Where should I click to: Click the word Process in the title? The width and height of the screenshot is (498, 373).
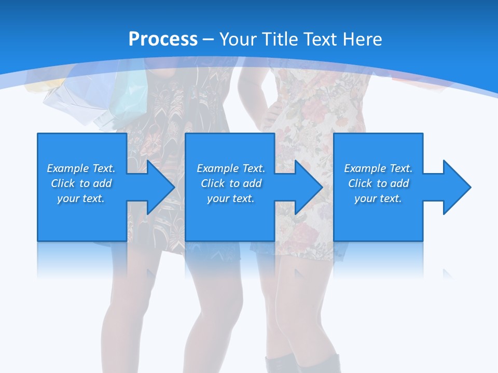tap(163, 39)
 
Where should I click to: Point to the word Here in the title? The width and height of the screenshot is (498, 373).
tap(363, 39)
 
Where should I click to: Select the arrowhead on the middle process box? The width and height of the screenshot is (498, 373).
tap(307, 187)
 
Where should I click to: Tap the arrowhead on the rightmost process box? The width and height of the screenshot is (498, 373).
tap(455, 187)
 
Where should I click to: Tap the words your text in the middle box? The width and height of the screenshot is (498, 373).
tap(230, 198)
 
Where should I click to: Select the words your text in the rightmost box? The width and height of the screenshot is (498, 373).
tap(378, 198)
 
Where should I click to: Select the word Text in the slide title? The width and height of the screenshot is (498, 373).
tap(320, 39)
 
